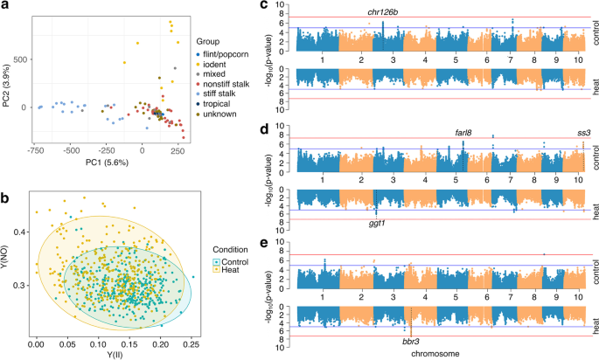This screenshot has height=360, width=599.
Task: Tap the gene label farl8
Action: click(463, 133)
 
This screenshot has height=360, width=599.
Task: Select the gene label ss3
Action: click(583, 133)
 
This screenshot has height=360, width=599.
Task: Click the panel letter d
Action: click(265, 128)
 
